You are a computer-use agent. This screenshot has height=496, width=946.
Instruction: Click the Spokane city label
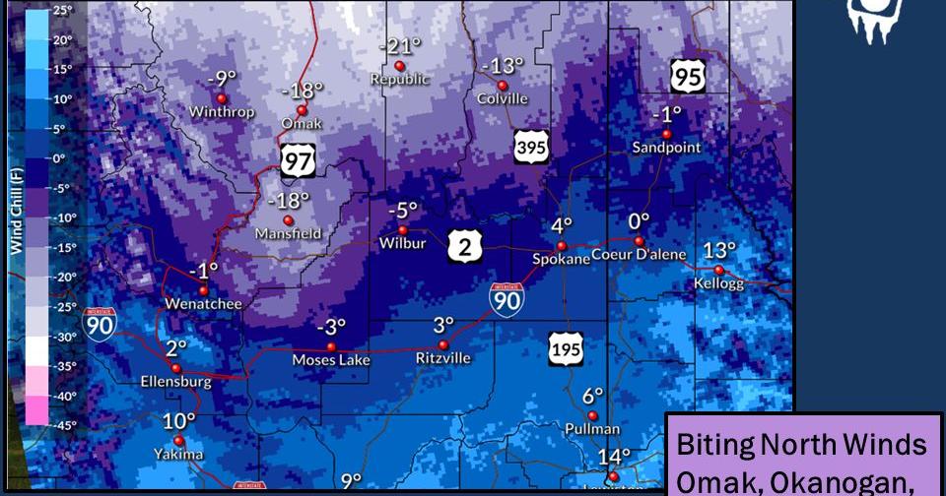(x=561, y=259)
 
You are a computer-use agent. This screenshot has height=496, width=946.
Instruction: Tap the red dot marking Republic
(x=399, y=66)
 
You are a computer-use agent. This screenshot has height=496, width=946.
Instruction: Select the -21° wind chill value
(x=399, y=46)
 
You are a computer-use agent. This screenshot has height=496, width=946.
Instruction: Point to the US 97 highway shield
(x=298, y=160)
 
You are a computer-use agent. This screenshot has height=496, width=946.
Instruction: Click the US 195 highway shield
(x=567, y=347)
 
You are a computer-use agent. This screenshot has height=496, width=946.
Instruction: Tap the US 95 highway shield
(x=688, y=75)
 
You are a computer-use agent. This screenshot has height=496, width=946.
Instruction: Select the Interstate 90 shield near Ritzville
(x=507, y=298)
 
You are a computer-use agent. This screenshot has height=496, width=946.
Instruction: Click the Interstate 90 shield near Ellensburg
(x=100, y=324)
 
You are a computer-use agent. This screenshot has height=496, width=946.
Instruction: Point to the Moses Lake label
(x=331, y=360)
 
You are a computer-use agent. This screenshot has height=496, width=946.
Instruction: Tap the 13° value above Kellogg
(x=719, y=250)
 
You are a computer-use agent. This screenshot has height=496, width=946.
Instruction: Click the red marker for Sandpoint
(x=666, y=134)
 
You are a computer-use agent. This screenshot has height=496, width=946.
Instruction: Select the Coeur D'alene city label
(x=640, y=255)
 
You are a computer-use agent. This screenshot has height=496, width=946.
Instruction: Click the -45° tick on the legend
(x=63, y=425)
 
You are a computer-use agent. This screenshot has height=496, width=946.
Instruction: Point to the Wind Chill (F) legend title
(x=16, y=212)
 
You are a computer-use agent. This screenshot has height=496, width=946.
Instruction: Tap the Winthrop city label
(x=222, y=112)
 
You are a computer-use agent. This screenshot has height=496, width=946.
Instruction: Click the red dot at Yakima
(x=178, y=441)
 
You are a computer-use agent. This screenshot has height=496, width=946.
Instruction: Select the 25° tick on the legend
(x=63, y=10)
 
